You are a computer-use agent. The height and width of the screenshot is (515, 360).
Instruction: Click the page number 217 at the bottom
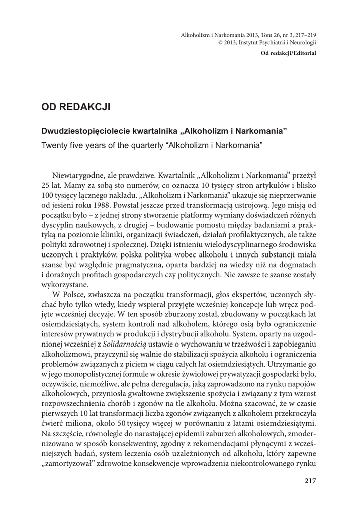coord(310,481)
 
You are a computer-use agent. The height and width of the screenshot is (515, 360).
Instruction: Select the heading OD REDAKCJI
coord(75,107)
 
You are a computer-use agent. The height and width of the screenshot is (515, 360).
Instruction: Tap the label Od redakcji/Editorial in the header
coord(289,53)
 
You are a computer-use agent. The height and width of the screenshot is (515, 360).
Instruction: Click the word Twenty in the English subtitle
coord(54,145)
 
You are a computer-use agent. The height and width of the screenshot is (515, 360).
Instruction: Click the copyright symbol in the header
coord(220,44)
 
